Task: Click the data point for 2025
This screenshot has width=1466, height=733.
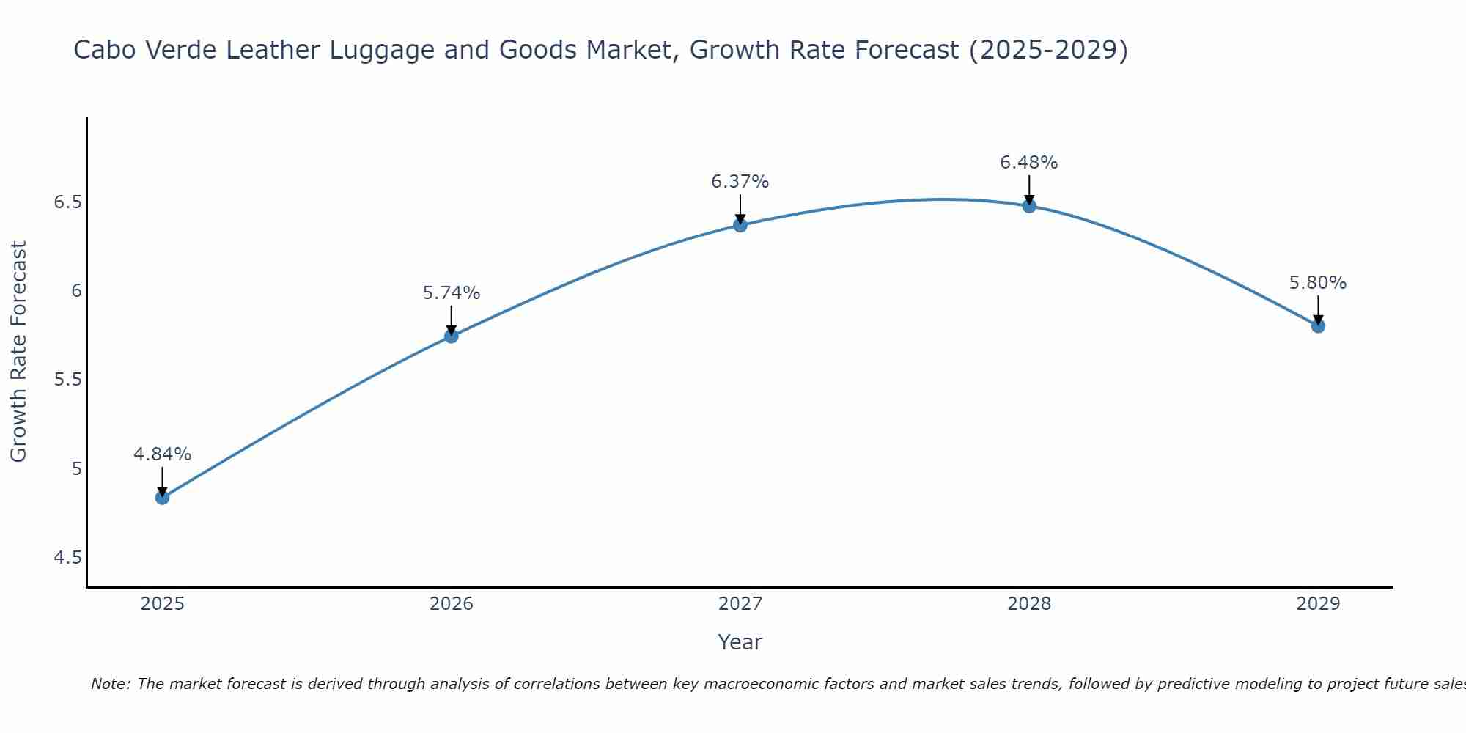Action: pos(162,498)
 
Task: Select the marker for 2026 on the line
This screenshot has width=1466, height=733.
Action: pos(452,336)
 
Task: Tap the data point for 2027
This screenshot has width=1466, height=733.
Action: pos(740,225)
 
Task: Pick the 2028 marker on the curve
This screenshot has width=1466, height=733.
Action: pos(1029,206)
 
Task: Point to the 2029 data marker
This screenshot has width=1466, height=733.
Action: pos(1318,325)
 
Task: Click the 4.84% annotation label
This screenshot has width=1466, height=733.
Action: pos(162,454)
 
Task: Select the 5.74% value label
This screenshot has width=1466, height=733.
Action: pos(452,293)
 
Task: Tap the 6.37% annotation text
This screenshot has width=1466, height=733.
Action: pos(740,182)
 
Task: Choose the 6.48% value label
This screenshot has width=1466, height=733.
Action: pos(1029,163)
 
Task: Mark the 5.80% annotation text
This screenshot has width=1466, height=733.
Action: pos(1318,283)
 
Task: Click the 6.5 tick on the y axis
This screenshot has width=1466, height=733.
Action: pos(67,202)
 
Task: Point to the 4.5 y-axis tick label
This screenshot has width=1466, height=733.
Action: pos(67,559)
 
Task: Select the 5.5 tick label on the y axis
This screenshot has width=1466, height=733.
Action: pos(67,380)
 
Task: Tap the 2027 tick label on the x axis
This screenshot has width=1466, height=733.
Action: pos(740,604)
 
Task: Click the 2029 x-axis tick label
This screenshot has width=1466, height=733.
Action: pos(1318,604)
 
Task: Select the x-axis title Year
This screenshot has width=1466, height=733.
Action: pos(740,642)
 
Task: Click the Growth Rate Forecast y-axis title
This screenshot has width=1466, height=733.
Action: pos(19,352)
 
